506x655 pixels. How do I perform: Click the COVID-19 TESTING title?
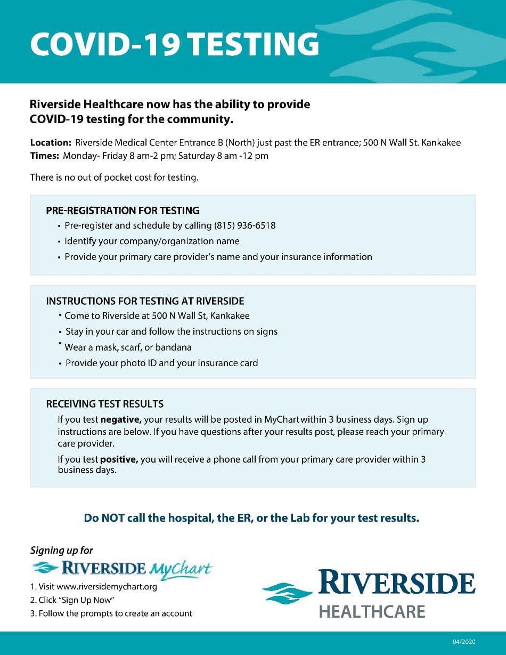pyautogui.click(x=174, y=44)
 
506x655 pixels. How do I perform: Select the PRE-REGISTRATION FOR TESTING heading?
pyautogui.click(x=123, y=211)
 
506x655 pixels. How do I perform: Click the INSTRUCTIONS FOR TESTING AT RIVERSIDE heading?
pyautogui.click(x=145, y=301)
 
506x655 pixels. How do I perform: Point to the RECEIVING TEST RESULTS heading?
pyautogui.click(x=105, y=404)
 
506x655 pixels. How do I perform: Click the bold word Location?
pyautogui.click(x=51, y=143)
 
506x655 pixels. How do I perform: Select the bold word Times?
pyautogui.click(x=44, y=156)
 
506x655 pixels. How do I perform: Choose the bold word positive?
pyautogui.click(x=119, y=459)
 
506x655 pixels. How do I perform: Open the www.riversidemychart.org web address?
pyautogui.click(x=110, y=587)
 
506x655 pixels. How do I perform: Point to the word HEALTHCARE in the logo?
pyautogui.click(x=372, y=611)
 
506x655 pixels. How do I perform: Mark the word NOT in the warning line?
pyautogui.click(x=113, y=518)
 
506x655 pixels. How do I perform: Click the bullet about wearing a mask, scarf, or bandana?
pyautogui.click(x=128, y=347)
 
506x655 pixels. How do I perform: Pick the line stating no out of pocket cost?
pyautogui.click(x=114, y=177)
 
